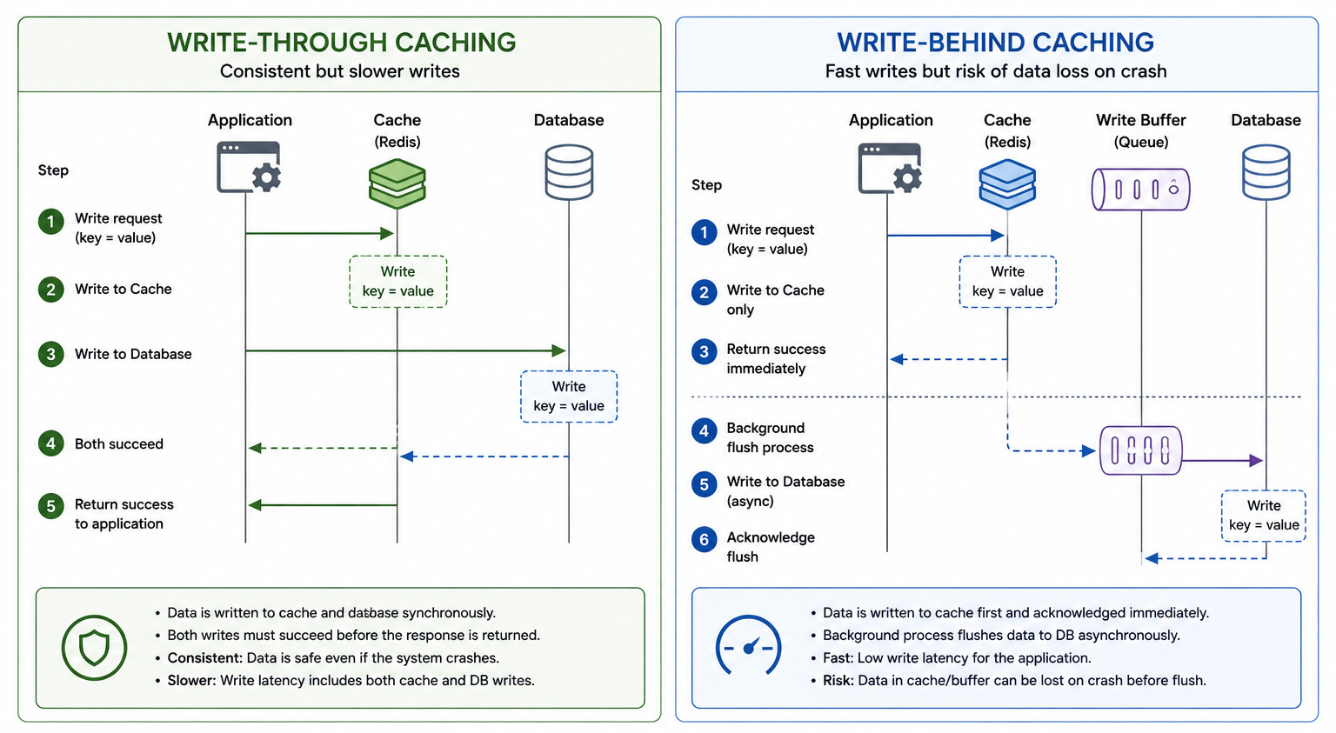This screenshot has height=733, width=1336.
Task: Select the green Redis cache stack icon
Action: point(397,183)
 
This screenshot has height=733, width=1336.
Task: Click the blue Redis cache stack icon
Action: point(1007,183)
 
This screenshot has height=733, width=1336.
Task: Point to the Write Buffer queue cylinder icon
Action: point(1140,190)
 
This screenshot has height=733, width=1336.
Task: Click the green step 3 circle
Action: point(51,354)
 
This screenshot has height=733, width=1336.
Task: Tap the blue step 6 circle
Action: point(705,540)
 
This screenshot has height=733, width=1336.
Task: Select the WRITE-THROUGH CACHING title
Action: point(341,43)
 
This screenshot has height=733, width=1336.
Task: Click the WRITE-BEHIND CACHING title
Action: point(995,43)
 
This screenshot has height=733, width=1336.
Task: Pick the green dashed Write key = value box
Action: point(397,282)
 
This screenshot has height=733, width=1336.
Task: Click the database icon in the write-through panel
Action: point(569,172)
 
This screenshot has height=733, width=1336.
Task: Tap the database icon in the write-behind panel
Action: point(1266,172)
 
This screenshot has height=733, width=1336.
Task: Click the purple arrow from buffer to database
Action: point(1222,461)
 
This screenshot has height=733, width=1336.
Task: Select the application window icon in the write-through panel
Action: point(249,167)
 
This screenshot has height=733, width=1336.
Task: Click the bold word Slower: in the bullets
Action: point(191,681)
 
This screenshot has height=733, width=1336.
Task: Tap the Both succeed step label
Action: point(118,443)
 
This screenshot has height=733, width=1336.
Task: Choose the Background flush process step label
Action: point(770,437)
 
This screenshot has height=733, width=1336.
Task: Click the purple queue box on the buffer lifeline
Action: point(1140,450)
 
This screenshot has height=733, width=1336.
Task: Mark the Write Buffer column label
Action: point(1141,130)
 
